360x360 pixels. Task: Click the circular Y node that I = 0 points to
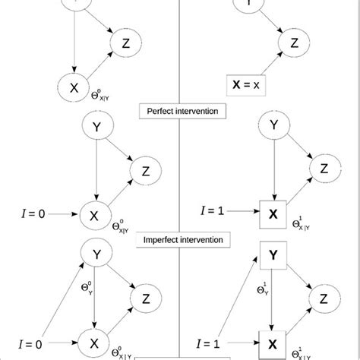coord(96,254)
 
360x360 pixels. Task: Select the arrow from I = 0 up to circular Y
coord(61,298)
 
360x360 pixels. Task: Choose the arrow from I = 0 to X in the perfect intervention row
coord(62,214)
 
